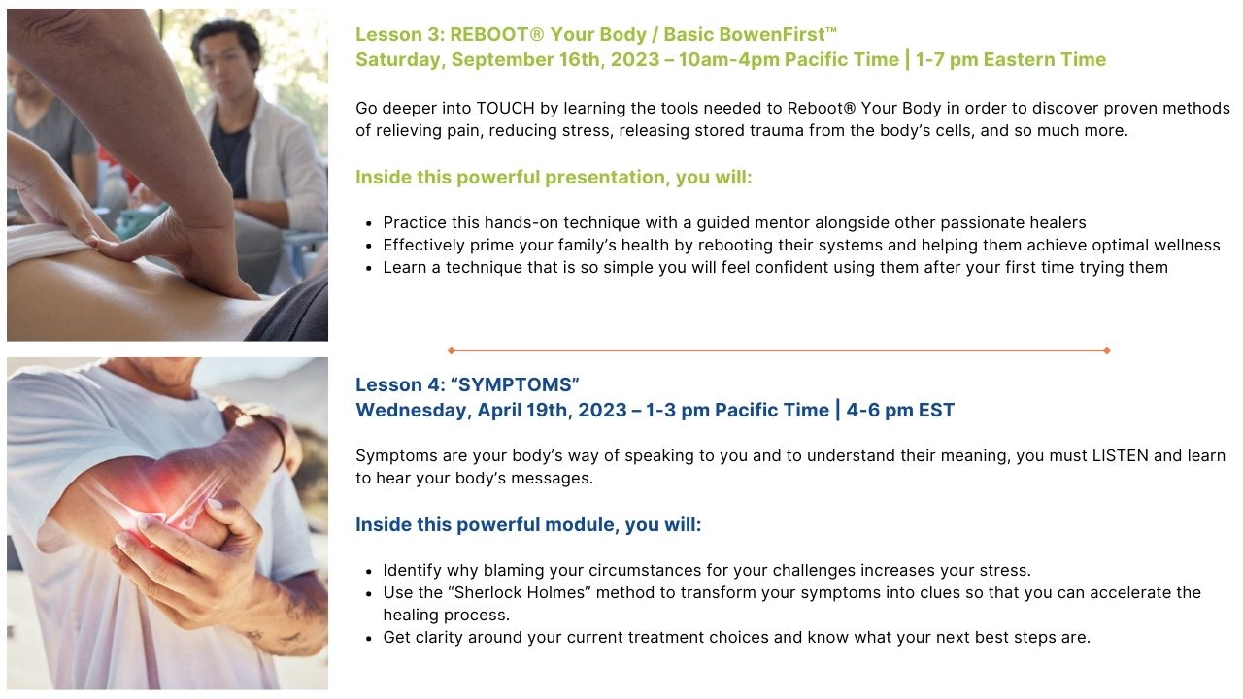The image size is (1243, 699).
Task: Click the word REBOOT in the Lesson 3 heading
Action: tap(489, 34)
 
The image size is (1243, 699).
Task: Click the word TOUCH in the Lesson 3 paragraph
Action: tap(505, 108)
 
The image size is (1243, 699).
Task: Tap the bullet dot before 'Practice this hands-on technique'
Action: tap(369, 224)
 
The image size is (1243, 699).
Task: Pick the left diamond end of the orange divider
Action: tap(452, 350)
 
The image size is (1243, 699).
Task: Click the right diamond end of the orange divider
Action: tap(1106, 350)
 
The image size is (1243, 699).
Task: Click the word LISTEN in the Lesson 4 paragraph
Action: tap(1120, 455)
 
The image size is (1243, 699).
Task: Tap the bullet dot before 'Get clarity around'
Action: tap(369, 639)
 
